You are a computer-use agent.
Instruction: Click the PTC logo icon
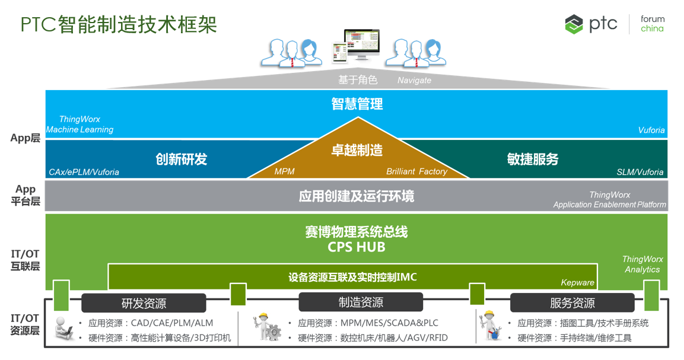coord(574,24)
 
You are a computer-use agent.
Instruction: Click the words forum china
coord(652,24)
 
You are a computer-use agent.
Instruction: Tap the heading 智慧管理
coord(357,104)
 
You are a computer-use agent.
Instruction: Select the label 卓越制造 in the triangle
coord(357,150)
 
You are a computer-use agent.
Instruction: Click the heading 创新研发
coord(182,159)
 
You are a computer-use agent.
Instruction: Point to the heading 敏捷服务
coord(533,159)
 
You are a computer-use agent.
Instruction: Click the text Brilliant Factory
coord(416,171)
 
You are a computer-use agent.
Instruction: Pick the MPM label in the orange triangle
coord(284,171)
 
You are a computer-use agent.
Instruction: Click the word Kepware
coord(576,283)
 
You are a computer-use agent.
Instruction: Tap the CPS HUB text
coord(357,247)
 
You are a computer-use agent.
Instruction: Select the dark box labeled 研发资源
coord(144,303)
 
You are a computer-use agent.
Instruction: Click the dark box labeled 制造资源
coord(361,302)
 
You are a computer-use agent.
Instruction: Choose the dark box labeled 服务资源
coord(572,303)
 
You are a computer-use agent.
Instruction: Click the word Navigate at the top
coord(414,80)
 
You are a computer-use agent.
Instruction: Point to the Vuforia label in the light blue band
coord(651,130)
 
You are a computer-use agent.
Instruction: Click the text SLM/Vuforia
coord(640,172)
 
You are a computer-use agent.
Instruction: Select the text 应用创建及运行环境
coord(357,196)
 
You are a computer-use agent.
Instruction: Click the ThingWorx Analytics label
coord(642,264)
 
